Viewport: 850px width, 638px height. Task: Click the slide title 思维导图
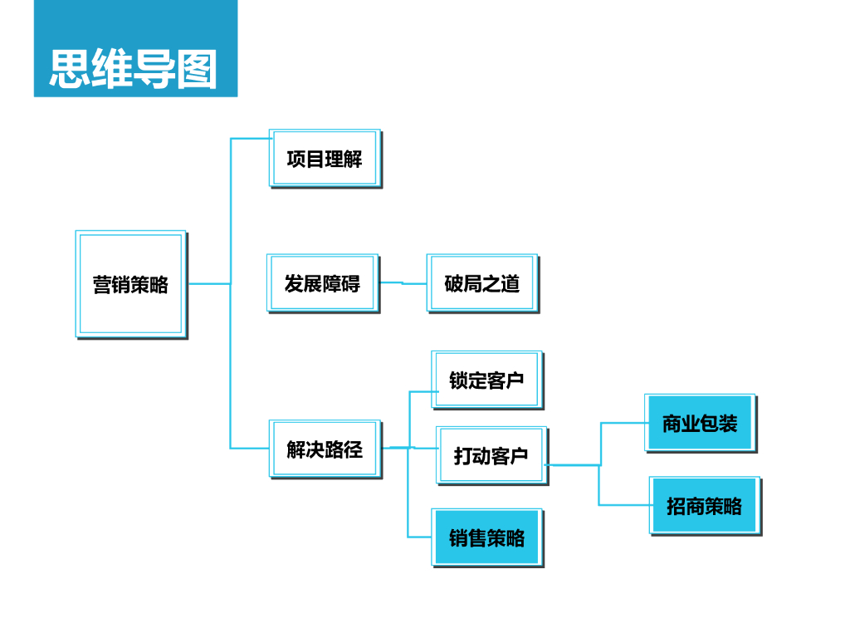(x=134, y=68)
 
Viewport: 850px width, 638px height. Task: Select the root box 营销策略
(x=130, y=284)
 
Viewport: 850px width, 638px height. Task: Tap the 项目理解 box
(x=325, y=158)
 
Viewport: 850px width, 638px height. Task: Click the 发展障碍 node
(x=322, y=283)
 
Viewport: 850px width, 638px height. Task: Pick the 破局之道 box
(x=481, y=283)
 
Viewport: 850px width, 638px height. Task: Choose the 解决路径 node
(x=325, y=449)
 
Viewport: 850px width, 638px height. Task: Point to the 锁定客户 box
(x=486, y=380)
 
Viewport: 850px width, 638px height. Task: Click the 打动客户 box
(x=491, y=455)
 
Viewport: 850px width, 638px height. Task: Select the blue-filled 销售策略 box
(x=486, y=537)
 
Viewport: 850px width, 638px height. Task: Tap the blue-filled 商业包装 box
(x=700, y=423)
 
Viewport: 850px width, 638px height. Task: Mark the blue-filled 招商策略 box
(x=704, y=506)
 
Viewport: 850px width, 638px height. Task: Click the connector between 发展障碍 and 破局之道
(x=403, y=283)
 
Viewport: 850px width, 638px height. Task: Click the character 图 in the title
(x=197, y=68)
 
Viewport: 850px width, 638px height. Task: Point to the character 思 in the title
(x=70, y=68)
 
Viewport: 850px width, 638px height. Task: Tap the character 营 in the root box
(x=102, y=285)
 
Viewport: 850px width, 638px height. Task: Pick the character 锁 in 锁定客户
(x=458, y=380)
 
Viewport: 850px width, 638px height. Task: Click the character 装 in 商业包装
(x=728, y=424)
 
